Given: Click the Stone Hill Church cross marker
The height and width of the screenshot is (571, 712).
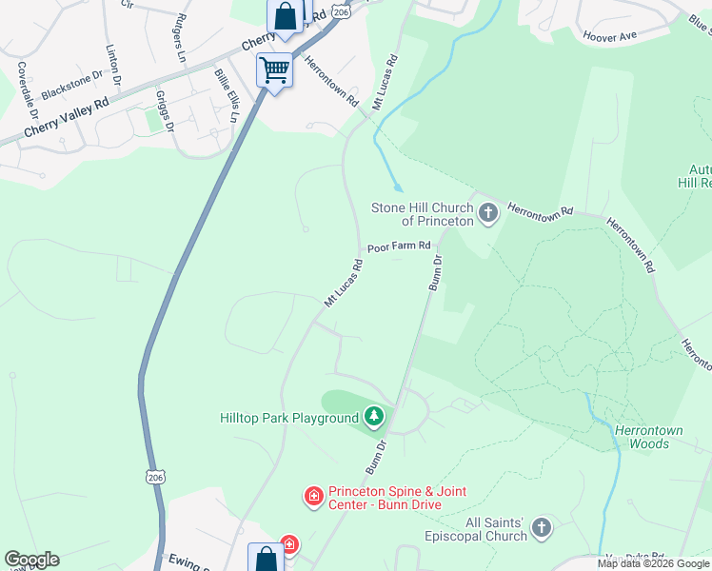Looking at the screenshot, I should tap(488, 211).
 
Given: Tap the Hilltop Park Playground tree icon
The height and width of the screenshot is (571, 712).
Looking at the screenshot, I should tap(375, 416).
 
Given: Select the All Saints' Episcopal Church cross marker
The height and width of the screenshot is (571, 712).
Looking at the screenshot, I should tap(541, 527).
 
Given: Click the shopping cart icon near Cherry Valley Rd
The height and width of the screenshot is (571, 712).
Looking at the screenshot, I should tap(274, 69).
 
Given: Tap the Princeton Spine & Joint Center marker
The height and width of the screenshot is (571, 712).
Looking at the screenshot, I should tap(312, 496).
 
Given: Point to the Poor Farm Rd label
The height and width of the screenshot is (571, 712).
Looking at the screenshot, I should tap(399, 246).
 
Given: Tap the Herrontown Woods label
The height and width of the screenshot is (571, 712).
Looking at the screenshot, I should tap(648, 437).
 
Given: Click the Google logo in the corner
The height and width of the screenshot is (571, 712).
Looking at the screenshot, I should tap(31, 560).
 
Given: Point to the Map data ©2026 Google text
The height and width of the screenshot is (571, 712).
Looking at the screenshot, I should tap(653, 563).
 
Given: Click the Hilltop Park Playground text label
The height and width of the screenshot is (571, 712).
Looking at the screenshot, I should tap(289, 417).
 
